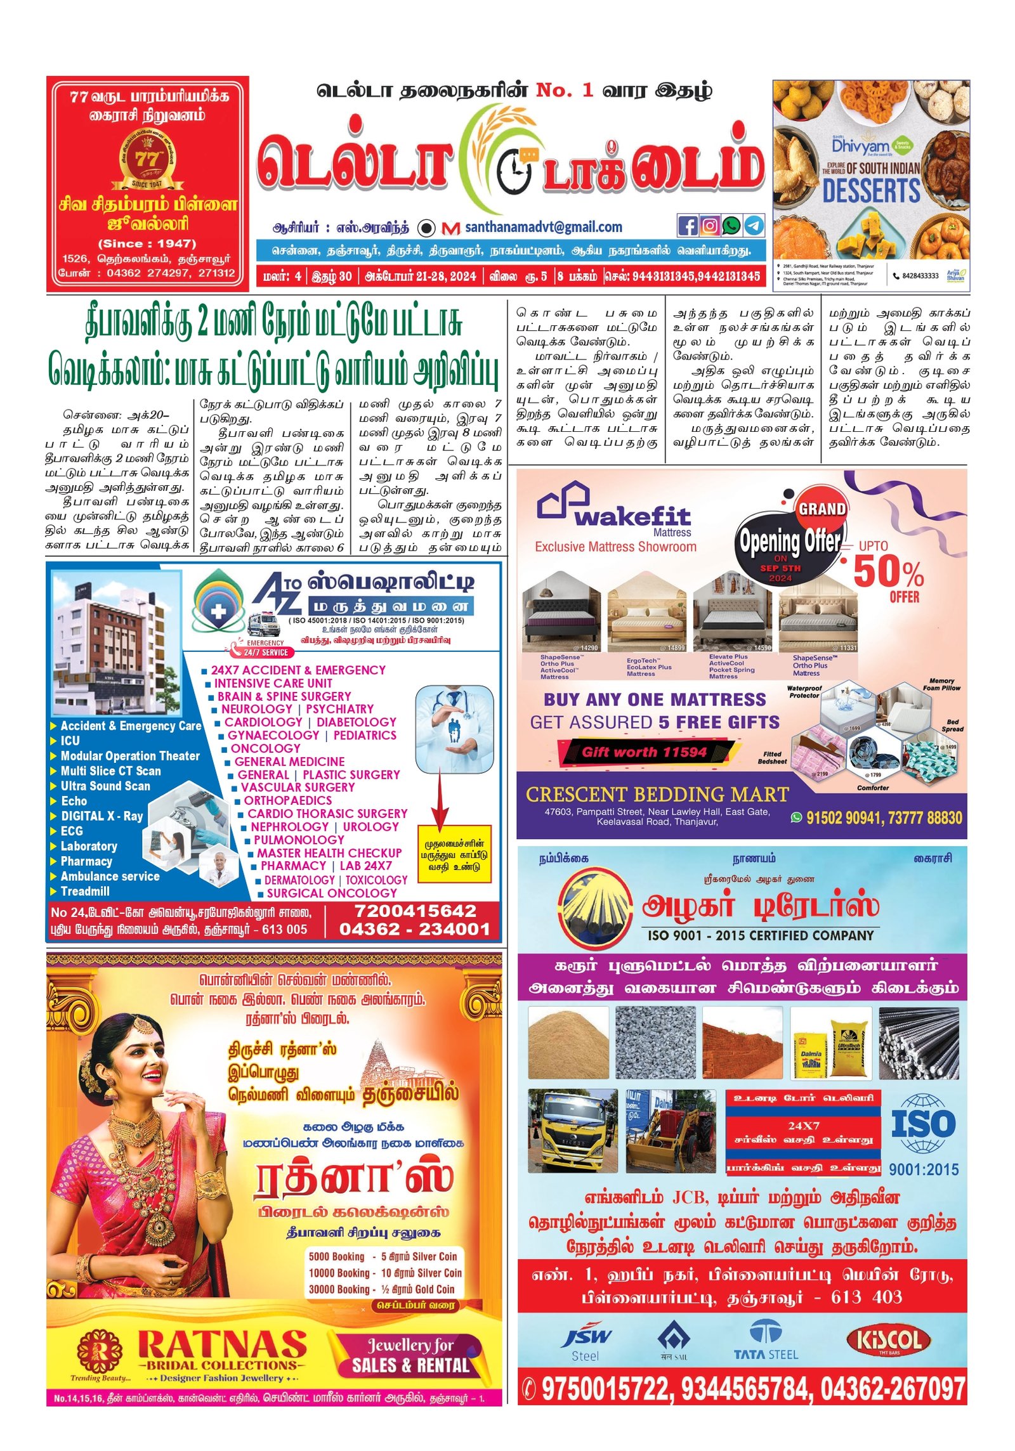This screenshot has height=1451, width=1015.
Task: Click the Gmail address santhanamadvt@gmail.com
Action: (x=543, y=227)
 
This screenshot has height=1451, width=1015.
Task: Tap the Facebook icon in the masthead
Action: (x=688, y=225)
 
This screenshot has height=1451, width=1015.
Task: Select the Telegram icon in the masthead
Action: (x=754, y=225)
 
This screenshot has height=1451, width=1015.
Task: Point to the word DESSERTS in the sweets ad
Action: (x=871, y=190)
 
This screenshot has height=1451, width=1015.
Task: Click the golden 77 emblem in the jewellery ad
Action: (x=147, y=159)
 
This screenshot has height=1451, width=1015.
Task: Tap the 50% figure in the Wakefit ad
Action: (x=888, y=572)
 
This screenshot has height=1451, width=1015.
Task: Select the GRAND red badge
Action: (x=822, y=509)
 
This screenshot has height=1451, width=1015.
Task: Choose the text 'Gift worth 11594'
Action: (x=644, y=752)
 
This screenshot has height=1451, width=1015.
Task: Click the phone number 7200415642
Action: (x=415, y=911)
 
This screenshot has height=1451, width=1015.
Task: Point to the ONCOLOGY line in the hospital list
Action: (x=265, y=748)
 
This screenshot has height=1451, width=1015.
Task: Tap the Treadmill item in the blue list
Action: (x=85, y=891)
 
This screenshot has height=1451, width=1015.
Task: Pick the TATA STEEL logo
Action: (x=766, y=1339)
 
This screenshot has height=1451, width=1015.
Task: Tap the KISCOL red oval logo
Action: (x=889, y=1341)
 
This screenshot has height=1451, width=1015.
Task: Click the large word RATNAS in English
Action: (x=222, y=1344)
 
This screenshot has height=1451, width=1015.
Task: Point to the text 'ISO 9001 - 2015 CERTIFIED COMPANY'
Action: (x=761, y=935)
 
